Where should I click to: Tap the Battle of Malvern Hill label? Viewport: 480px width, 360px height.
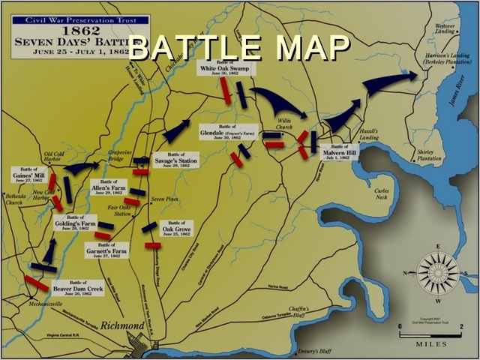(x=339, y=153)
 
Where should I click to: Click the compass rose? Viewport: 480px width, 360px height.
(x=437, y=271)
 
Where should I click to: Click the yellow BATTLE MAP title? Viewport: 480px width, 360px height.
(x=238, y=46)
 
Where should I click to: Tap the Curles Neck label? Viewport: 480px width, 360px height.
(x=383, y=193)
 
